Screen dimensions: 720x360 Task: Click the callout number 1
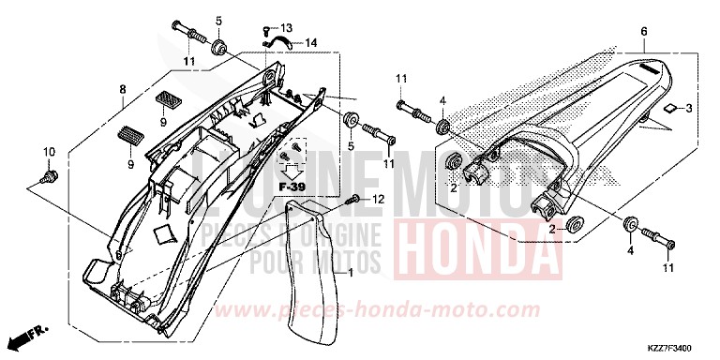tap(351, 273)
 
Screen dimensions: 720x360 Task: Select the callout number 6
tap(644, 32)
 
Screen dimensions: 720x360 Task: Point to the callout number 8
tap(122, 89)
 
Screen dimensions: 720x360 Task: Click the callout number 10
tap(50, 151)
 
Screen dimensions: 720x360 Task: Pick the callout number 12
tap(379, 199)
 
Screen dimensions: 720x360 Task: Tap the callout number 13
tap(286, 27)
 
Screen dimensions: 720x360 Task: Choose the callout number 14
tap(310, 42)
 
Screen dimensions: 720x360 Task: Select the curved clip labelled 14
tap(277, 40)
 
